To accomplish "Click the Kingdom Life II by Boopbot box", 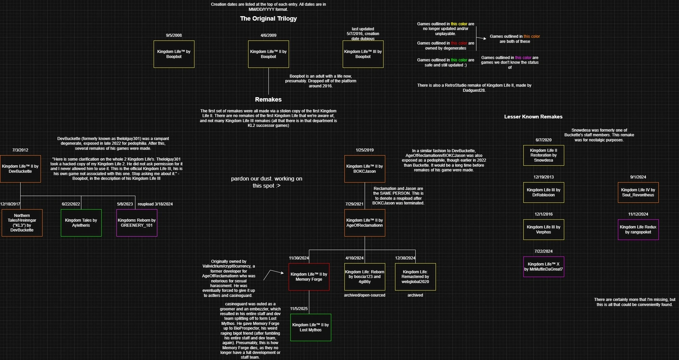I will [268, 54].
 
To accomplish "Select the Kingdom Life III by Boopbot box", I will [363, 54].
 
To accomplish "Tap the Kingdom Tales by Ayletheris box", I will [81, 223].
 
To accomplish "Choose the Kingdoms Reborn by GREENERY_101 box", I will [137, 223].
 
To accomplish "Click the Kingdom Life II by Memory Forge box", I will [309, 277].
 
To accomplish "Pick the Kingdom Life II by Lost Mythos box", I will [311, 327].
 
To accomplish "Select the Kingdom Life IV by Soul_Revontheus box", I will [638, 192].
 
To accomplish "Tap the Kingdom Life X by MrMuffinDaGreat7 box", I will [544, 267].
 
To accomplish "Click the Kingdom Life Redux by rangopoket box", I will [638, 229].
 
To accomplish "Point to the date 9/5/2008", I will [174, 35].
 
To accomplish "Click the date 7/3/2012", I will [20, 150].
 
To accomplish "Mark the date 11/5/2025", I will [299, 309].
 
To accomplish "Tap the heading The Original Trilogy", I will [268, 19].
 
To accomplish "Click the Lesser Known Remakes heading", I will [533, 117].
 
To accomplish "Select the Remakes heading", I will [268, 100].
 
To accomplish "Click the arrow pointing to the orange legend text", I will [481, 38].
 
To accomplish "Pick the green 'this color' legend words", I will [459, 60].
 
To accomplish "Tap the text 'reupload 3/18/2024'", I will [155, 204].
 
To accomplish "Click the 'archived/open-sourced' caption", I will [365, 295].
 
